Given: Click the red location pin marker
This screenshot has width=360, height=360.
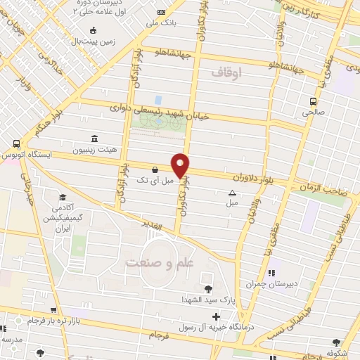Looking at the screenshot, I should [x=181, y=165].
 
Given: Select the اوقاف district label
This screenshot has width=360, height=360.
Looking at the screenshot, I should [x=226, y=72].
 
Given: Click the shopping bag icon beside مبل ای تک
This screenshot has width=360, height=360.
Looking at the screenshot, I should [x=155, y=169].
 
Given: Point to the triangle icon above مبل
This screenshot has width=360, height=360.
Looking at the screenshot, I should [x=232, y=192].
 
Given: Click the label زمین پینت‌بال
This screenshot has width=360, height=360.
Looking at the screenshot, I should [x=94, y=41].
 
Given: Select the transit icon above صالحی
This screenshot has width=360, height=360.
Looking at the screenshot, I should [x=314, y=101].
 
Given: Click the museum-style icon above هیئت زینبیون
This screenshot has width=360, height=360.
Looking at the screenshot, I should [x=94, y=139].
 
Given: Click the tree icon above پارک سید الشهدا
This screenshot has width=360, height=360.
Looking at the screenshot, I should [x=207, y=288].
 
